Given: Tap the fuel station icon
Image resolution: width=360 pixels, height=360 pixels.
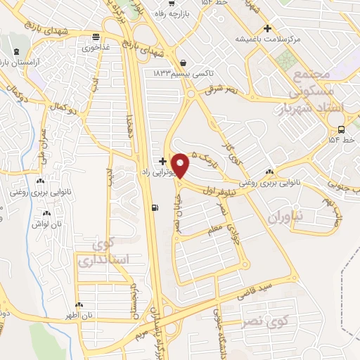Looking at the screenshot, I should click(154, 207).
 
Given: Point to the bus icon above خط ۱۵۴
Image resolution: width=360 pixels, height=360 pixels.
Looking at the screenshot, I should click(341, 129).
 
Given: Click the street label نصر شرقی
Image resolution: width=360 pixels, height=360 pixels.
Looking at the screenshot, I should click(221, 89).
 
